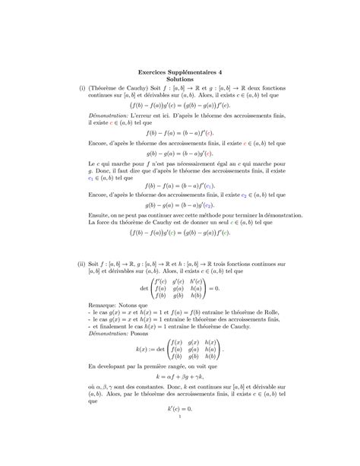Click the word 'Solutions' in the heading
click(x=180, y=79)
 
